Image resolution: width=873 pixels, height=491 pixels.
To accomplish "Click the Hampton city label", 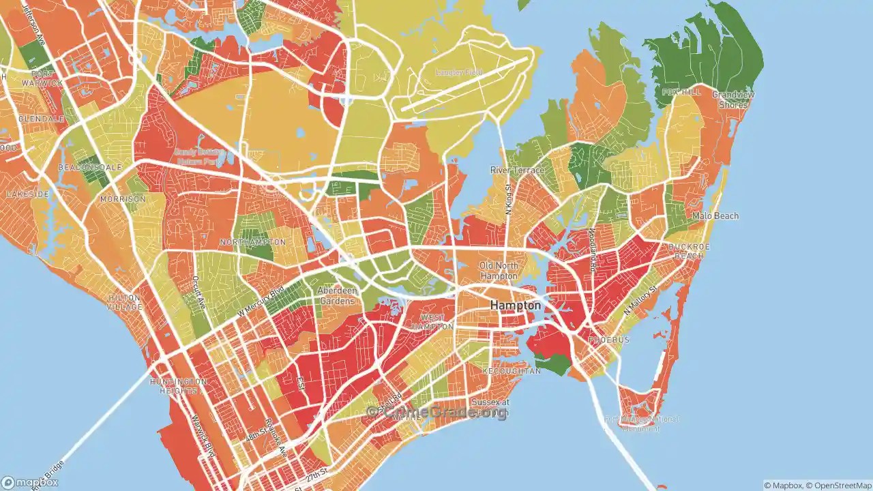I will click(x=516, y=306).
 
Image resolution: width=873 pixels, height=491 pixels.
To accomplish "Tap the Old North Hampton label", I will click(x=499, y=271).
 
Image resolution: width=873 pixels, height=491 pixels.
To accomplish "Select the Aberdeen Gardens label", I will click(x=338, y=295).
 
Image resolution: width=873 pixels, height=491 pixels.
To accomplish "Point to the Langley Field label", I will click(x=458, y=72).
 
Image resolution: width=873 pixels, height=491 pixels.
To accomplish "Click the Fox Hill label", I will click(x=681, y=92).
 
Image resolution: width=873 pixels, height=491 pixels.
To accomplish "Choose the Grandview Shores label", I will click(x=733, y=100).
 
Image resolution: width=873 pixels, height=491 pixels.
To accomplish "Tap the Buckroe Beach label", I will click(x=690, y=251).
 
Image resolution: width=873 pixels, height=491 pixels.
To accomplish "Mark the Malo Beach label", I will click(x=715, y=216).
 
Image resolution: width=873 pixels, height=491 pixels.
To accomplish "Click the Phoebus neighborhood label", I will click(x=608, y=340).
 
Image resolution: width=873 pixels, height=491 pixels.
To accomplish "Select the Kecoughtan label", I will click(x=512, y=371).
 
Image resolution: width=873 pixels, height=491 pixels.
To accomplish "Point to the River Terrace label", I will click(x=518, y=170).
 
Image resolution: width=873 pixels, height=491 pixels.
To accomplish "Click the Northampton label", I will click(x=252, y=243).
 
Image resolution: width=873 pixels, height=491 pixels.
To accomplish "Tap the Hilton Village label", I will click(x=124, y=302).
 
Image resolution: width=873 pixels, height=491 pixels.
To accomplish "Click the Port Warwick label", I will click(x=42, y=78).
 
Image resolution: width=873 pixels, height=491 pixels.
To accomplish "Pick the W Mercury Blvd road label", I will click(x=260, y=300).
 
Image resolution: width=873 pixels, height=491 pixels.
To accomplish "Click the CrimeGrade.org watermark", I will click(x=436, y=412).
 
